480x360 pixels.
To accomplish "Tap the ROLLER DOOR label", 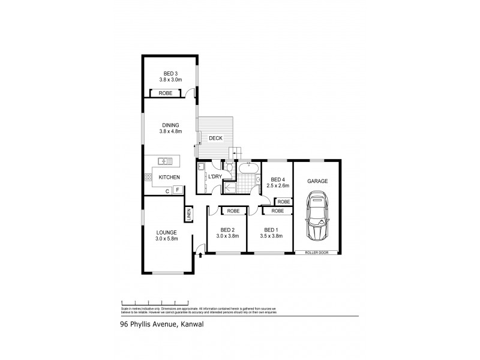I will [317, 252].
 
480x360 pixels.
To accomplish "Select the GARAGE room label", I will [317, 181].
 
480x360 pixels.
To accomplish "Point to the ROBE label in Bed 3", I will [166, 94].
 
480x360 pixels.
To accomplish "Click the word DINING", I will [170, 125].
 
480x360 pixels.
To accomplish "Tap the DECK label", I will [215, 138].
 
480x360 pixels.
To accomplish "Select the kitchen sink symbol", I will [165, 160].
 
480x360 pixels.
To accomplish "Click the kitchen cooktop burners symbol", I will [148, 177].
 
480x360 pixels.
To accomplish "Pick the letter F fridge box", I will [178, 190].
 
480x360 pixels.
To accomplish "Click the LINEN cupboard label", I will [188, 214].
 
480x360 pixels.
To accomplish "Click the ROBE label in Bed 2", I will [233, 211].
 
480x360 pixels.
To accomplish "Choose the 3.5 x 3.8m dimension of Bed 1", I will [271, 236].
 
